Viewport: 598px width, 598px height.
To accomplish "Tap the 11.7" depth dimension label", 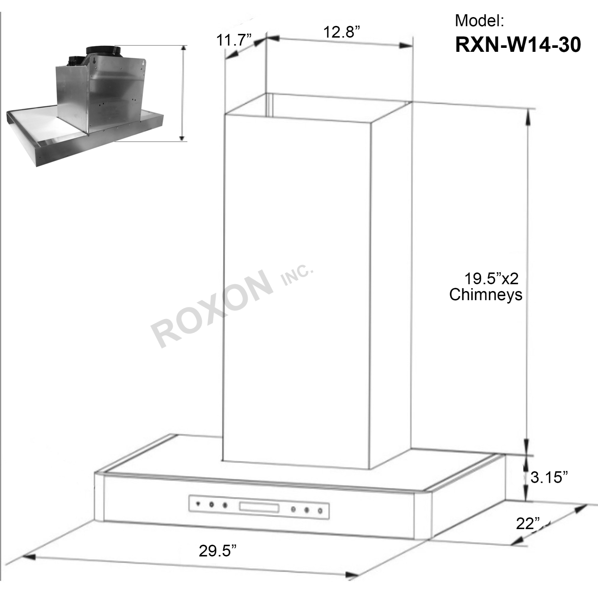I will [x=234, y=40].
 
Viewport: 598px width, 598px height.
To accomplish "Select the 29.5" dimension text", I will [x=217, y=551].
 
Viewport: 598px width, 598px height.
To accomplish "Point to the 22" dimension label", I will [x=528, y=523].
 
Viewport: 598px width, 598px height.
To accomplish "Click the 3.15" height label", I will [x=549, y=477].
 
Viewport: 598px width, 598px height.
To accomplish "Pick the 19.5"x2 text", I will [x=492, y=278].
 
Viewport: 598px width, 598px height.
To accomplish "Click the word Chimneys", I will [x=486, y=295].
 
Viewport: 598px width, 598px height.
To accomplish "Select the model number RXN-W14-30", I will [x=518, y=45].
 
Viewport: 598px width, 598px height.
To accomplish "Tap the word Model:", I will [x=479, y=20].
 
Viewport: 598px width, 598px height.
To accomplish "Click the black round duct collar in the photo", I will [x=103, y=50].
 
